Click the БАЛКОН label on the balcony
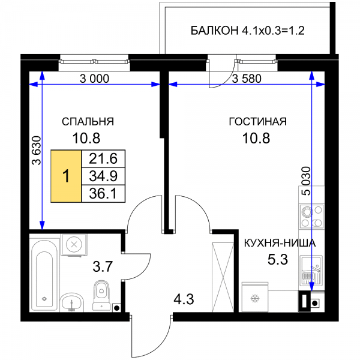tap(214, 31)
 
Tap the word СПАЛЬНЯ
tap(88, 121)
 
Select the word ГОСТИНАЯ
tap(258, 121)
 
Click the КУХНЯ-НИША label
tap(280, 243)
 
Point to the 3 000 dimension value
tap(94, 79)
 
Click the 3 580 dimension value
tap(247, 79)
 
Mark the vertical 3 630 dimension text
tap(37, 151)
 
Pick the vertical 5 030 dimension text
tap(306, 181)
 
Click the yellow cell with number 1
tap(66, 176)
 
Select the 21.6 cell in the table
tap(103, 158)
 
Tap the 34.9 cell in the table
tap(103, 176)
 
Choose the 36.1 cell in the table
tap(103, 194)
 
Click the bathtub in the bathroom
tap(44, 275)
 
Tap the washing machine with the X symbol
tap(74, 245)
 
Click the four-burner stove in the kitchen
tap(312, 216)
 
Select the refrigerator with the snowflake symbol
tap(254, 297)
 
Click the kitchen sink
tap(311, 271)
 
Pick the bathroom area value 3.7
tap(103, 267)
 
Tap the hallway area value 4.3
tap(184, 299)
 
